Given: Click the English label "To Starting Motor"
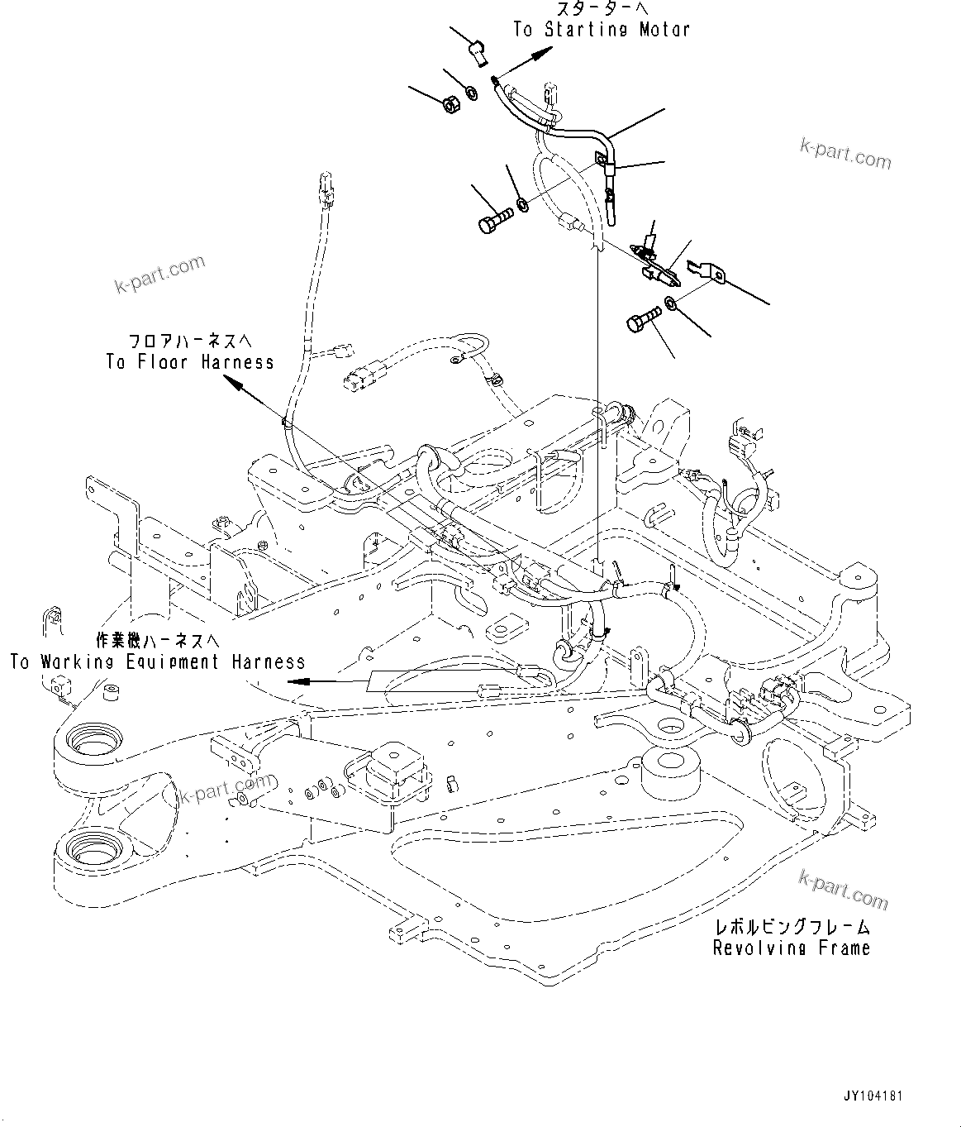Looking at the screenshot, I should [601, 29].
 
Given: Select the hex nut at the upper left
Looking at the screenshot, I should [450, 105].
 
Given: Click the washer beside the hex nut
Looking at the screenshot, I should [471, 92].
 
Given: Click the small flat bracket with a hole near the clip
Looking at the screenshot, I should [706, 271].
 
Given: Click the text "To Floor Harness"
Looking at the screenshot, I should [189, 362].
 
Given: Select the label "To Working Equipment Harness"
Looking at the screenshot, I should [157, 661].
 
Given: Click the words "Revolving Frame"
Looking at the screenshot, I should [791, 948].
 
